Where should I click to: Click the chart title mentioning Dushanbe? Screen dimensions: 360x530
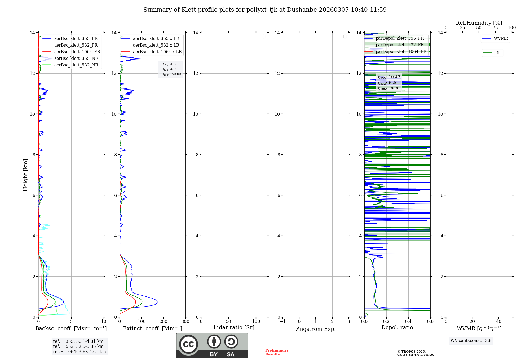(x=265, y=10)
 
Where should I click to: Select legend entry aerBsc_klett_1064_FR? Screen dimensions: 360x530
(x=77, y=52)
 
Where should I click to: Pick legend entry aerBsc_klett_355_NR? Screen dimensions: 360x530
(x=76, y=58)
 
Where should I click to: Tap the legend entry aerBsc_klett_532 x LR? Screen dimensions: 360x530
(x=156, y=45)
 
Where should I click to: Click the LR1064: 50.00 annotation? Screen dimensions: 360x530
(x=170, y=74)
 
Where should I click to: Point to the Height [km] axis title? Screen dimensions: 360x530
(x=25, y=175)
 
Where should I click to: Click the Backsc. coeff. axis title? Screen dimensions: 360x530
(x=71, y=328)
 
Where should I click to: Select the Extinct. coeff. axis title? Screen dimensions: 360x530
(x=153, y=328)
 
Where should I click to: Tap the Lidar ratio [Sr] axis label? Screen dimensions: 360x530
(x=234, y=328)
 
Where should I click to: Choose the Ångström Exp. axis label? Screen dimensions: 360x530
(x=316, y=329)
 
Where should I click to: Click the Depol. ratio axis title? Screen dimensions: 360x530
(x=397, y=328)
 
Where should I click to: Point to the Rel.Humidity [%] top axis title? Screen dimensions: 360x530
(x=479, y=23)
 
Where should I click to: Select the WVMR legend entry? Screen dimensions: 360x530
(x=501, y=38)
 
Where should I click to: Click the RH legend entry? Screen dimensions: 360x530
(x=498, y=53)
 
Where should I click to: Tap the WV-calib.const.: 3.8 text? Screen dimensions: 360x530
(x=471, y=341)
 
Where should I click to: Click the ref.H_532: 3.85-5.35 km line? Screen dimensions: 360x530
(x=78, y=346)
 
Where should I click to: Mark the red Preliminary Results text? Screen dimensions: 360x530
(x=277, y=352)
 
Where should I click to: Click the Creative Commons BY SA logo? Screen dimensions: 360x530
(x=212, y=345)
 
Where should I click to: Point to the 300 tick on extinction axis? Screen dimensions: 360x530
(x=185, y=322)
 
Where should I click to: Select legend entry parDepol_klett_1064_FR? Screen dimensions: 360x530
(x=401, y=52)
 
